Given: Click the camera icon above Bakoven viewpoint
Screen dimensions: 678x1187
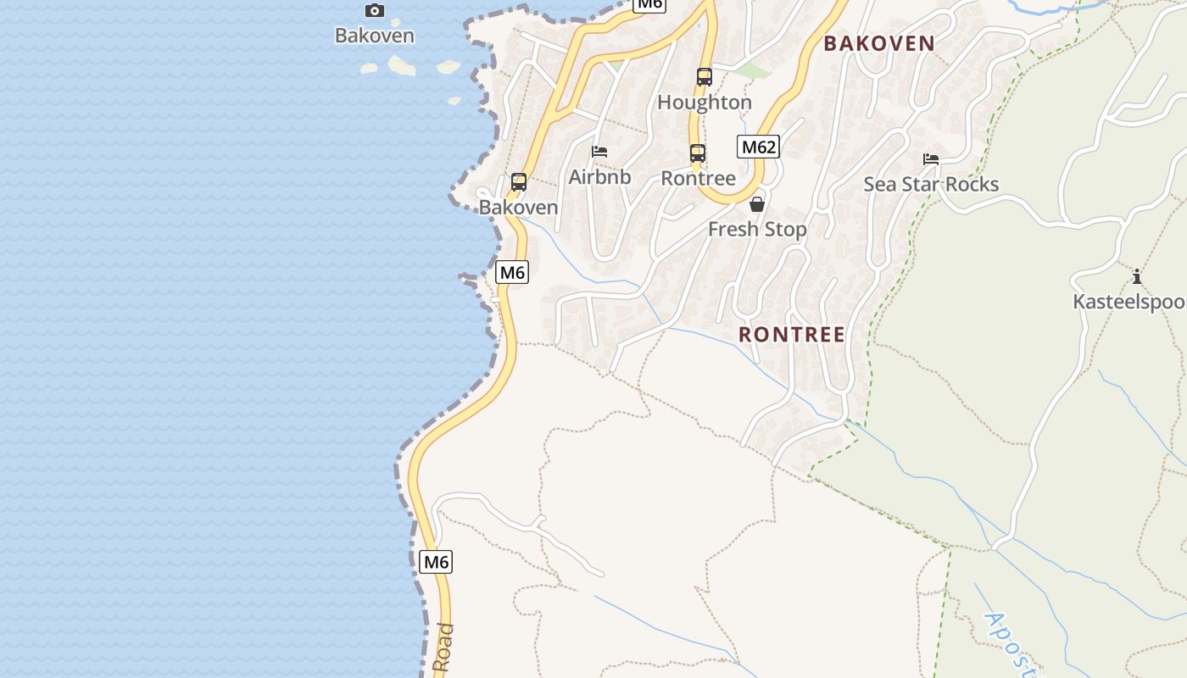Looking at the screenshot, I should tap(374, 11).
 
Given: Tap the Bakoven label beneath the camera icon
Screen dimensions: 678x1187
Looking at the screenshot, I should tap(374, 36).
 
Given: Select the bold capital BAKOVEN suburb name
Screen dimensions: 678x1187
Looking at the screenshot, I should tap(879, 43).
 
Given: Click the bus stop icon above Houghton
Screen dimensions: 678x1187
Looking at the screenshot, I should tap(705, 77).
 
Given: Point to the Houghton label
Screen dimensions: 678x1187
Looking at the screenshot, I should tap(705, 103).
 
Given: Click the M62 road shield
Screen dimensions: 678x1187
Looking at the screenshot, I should tap(757, 147).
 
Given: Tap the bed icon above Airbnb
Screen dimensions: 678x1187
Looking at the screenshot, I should tap(599, 152).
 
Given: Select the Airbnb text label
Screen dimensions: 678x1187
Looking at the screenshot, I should tap(599, 177).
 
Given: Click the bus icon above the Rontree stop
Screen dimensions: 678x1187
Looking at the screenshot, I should tap(698, 153).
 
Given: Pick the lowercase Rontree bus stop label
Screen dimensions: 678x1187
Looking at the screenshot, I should tap(698, 179).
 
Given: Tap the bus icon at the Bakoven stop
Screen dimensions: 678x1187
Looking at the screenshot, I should tap(519, 182).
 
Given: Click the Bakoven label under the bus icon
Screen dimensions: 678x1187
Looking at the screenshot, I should tap(519, 208).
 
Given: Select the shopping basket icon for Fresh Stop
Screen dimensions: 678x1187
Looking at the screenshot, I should tap(757, 204).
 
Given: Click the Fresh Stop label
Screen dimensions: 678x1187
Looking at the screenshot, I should tap(757, 230).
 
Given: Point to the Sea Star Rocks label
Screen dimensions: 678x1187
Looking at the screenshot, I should tap(931, 185).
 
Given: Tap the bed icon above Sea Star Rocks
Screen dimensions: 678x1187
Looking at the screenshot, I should tap(931, 159).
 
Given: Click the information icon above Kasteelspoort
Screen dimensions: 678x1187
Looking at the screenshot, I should tap(1136, 276).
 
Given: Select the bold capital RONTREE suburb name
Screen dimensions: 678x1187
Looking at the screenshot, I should tap(792, 335).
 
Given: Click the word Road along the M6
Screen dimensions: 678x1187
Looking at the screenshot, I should tap(443, 648).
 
